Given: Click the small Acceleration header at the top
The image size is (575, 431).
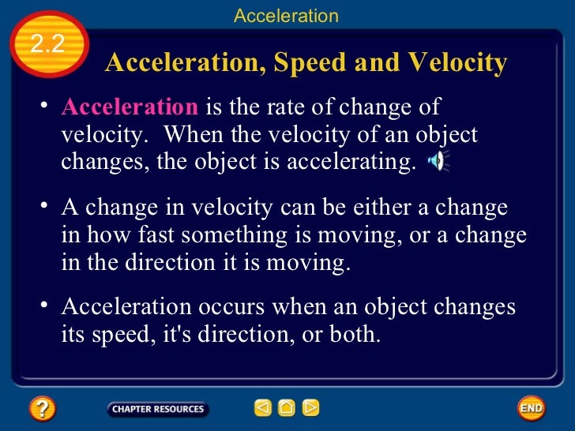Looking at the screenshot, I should (x=286, y=15).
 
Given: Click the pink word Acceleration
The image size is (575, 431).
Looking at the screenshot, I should (x=130, y=108).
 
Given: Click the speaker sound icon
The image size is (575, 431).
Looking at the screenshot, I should (x=437, y=162).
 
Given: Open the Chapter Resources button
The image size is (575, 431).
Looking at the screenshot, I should (x=157, y=409).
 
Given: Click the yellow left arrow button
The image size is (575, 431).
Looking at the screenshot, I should (x=262, y=408).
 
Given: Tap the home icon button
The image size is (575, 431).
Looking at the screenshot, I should (x=287, y=408).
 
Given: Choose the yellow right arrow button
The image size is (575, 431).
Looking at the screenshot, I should (x=311, y=408).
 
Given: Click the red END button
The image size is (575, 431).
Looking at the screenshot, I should (x=531, y=408).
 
